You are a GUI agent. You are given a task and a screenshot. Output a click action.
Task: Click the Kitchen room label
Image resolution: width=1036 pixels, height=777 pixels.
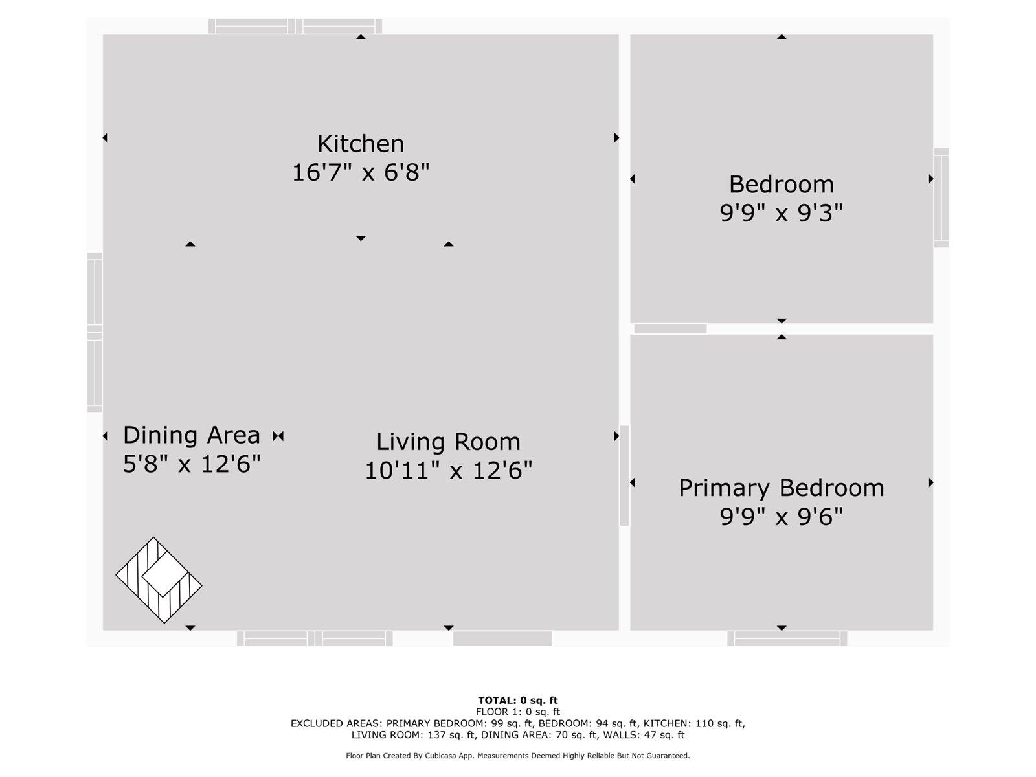tap(361, 143)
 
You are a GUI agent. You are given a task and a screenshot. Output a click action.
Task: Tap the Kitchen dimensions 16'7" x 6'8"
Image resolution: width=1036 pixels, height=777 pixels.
tap(361, 172)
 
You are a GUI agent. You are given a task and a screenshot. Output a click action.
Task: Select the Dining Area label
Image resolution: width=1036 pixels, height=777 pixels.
tap(192, 435)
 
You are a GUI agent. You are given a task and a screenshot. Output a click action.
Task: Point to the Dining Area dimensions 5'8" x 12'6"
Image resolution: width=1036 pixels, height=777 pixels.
tap(192, 464)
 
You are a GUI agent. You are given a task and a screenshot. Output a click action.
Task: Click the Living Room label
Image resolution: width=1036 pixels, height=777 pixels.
tap(448, 442)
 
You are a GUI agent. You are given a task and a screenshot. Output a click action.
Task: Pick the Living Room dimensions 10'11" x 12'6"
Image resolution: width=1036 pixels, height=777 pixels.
tap(448, 470)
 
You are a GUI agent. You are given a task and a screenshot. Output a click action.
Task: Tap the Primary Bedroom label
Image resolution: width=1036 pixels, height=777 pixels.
tap(781, 488)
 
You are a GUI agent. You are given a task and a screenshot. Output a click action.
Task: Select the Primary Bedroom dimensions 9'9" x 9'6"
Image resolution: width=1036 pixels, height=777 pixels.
tap(781, 517)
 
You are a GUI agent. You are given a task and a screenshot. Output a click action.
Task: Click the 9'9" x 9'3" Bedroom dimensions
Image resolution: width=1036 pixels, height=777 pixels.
tap(781, 213)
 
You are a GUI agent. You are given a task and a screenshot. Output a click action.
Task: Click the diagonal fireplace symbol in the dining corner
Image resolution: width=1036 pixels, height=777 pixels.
tap(159, 580)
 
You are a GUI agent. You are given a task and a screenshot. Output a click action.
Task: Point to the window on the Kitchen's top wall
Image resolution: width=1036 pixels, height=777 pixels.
tap(295, 27)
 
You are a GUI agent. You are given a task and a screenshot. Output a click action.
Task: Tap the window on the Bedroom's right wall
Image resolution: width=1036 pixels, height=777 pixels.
tap(941, 197)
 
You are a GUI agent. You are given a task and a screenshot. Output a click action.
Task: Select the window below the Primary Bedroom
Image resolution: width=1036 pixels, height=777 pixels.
tap(787, 638)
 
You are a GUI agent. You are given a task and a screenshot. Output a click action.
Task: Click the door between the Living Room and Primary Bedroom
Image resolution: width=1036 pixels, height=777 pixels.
tap(624, 475)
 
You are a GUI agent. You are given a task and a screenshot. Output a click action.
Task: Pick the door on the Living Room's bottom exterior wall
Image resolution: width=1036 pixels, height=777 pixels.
tap(502, 638)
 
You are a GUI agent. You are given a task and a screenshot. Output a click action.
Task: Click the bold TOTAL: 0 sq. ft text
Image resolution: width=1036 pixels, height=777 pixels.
tap(518, 701)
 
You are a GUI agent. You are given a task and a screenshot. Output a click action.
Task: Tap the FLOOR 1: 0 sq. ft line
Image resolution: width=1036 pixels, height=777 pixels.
tap(518, 712)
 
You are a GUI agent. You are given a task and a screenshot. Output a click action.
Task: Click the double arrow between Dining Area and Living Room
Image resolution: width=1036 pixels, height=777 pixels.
tap(278, 436)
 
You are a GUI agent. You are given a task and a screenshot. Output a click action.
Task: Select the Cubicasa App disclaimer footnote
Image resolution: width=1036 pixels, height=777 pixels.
tap(518, 756)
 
